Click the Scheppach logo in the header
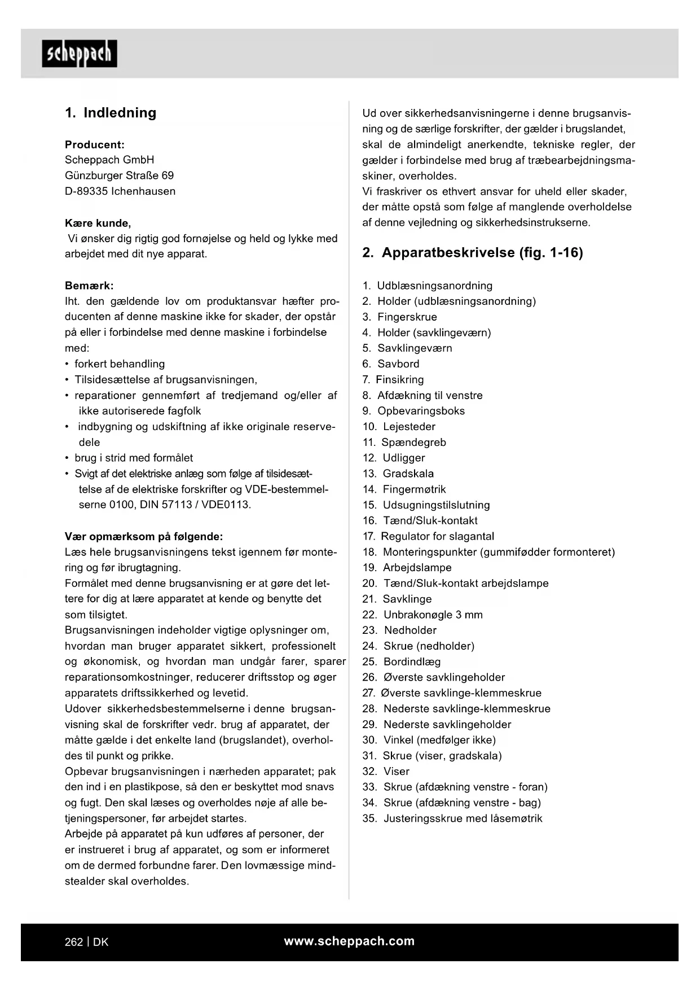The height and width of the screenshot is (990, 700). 80,54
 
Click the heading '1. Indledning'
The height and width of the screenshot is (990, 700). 111,113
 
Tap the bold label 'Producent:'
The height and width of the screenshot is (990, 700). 94,144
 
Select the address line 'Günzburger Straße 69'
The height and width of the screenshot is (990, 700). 119,176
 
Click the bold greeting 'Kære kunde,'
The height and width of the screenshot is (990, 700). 98,223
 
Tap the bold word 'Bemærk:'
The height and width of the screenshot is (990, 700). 89,286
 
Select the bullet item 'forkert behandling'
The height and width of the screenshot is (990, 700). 120,364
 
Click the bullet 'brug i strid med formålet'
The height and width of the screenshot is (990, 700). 134,458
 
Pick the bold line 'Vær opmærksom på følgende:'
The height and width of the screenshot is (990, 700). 144,536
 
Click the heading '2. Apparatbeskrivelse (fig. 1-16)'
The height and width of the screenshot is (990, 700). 472,252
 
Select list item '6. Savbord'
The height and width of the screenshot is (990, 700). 391,364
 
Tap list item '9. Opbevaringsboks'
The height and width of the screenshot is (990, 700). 413,411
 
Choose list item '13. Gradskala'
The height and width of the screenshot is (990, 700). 398,474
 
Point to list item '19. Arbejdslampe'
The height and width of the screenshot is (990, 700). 407,568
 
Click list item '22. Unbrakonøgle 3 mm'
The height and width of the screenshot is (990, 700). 422,615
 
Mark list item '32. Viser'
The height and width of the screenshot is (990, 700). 386,772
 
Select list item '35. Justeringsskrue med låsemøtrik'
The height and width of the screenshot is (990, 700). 452,818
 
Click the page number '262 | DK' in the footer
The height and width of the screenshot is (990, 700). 86,942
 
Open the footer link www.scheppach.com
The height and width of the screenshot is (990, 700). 349,941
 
